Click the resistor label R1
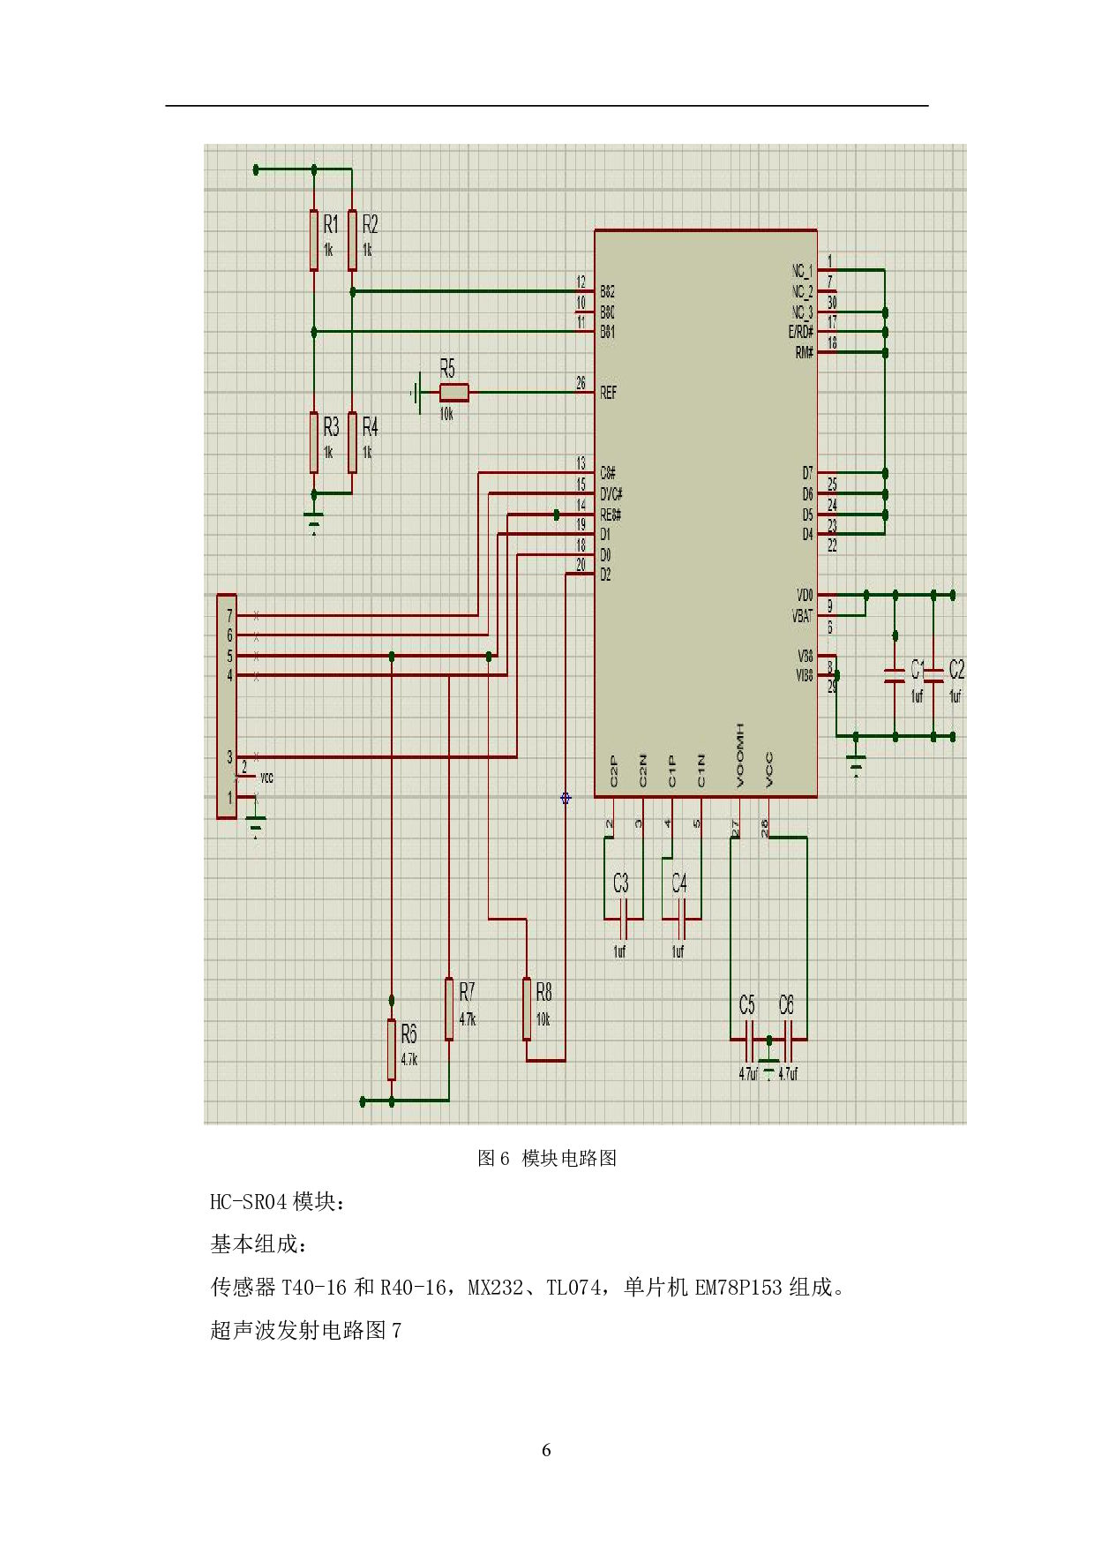tap(330, 224)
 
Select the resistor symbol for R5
tap(453, 393)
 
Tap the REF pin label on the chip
tap(608, 393)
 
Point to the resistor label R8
tap(543, 992)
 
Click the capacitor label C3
tap(620, 883)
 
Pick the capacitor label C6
tap(786, 1005)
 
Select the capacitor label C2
tap(956, 670)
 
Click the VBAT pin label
tap(802, 617)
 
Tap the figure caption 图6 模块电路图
tap(546, 1159)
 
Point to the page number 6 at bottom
tap(546, 1450)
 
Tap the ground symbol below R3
tap(314, 522)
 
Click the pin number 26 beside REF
tap(581, 383)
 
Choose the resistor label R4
tap(370, 428)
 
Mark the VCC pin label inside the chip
tap(769, 770)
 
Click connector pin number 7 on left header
tap(230, 615)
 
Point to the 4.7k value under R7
tap(468, 1019)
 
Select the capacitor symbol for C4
tap(680, 926)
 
